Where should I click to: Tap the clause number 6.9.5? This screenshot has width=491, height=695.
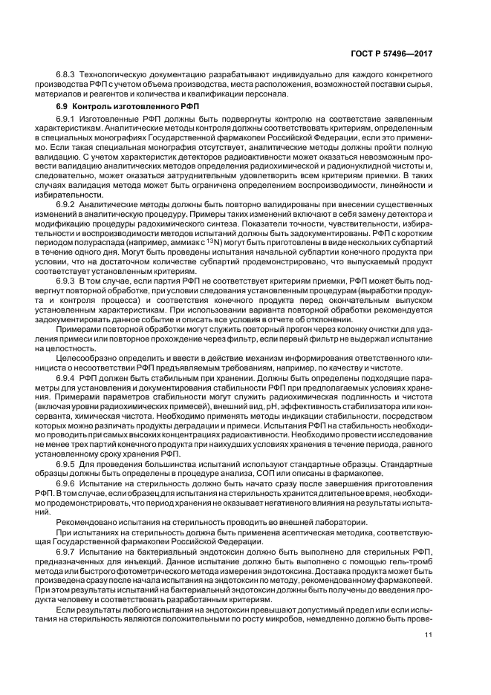click(x=68, y=464)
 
